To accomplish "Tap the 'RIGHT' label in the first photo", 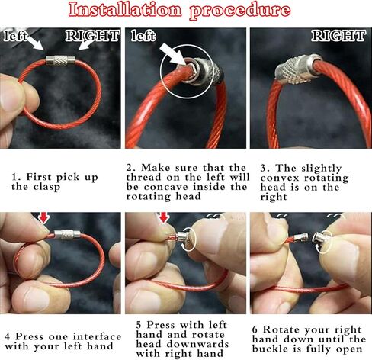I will pos(92,36).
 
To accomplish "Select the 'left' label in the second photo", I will pos(143,36).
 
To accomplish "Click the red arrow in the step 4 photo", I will pos(43,219).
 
